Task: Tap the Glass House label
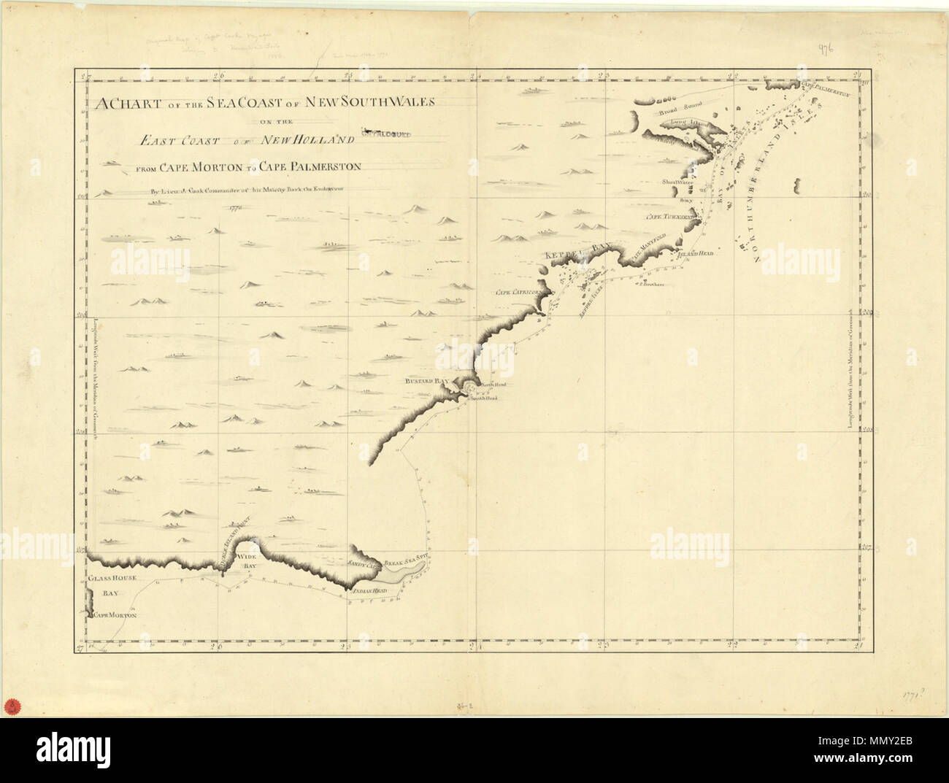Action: tap(108, 578)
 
